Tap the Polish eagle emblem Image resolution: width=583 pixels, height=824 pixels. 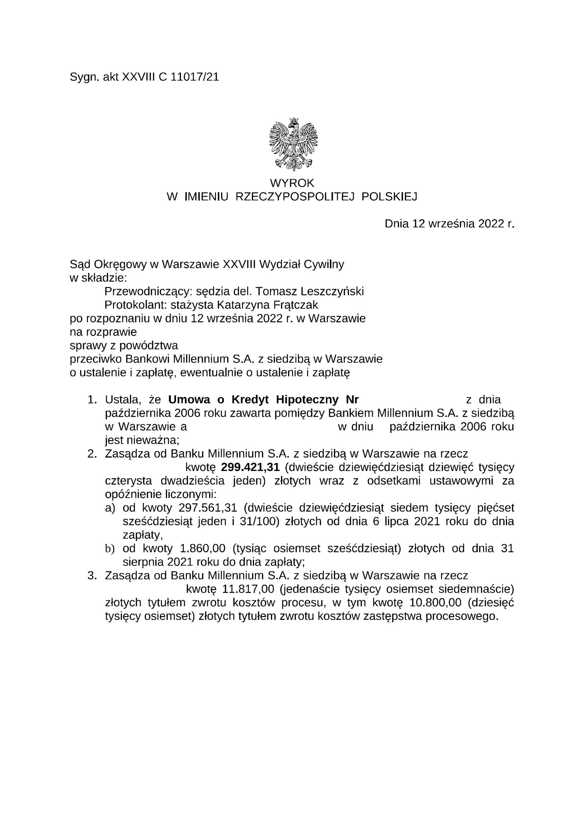(x=293, y=144)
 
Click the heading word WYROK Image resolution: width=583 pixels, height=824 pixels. (x=292, y=183)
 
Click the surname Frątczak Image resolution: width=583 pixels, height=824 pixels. (x=296, y=305)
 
